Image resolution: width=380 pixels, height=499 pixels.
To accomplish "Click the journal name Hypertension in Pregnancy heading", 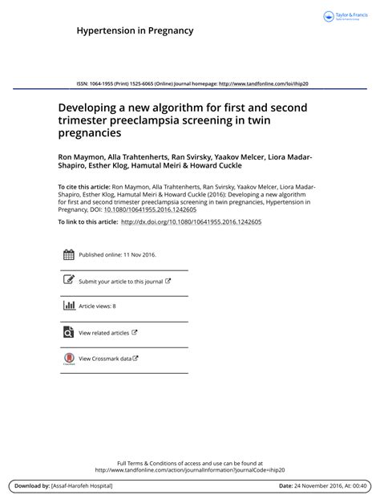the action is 135,31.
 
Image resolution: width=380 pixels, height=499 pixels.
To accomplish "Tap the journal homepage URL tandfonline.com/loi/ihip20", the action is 264,83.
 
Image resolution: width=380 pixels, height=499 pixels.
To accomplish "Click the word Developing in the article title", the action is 90,107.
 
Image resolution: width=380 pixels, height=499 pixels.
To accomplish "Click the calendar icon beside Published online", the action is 68,255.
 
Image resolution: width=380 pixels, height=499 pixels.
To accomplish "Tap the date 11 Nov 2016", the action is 138,255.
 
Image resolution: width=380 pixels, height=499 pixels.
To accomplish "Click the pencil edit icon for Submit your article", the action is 68,281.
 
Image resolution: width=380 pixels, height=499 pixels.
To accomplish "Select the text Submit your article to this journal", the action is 120,282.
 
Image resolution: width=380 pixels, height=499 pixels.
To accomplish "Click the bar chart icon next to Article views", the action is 68,306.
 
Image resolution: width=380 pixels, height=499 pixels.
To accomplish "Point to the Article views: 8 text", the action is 97,306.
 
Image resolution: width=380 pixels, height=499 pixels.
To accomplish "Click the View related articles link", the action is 103,332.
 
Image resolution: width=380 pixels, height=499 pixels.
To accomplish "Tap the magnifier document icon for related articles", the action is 68,331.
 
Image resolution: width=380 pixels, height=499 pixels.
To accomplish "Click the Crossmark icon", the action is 68,359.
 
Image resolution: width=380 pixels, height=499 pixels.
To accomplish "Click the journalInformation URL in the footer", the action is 190,470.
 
